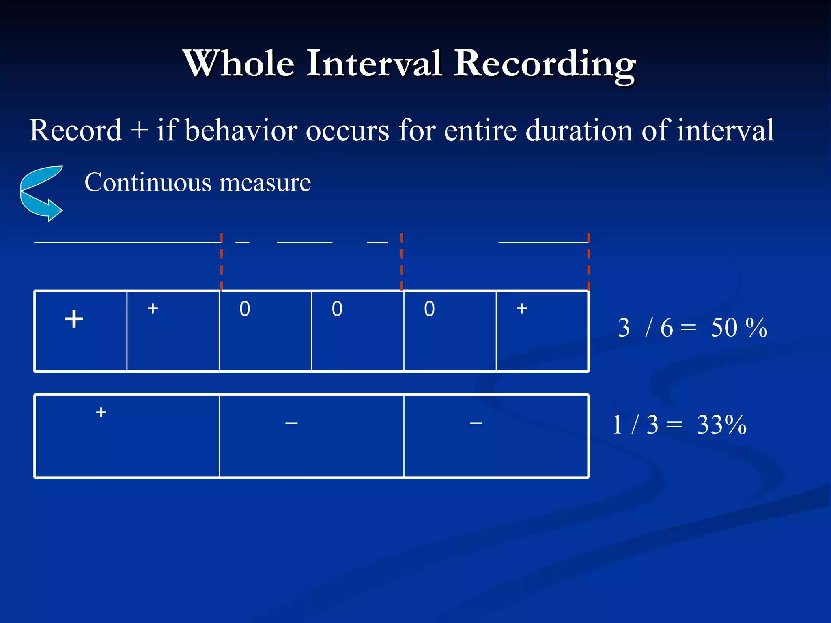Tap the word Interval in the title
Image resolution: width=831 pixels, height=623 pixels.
coord(373,63)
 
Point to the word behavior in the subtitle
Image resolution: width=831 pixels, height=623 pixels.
coord(241,131)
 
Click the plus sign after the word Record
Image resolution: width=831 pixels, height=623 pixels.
coord(139,131)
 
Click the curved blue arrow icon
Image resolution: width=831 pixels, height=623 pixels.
coord(41,193)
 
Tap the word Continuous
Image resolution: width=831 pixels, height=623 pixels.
coord(148,183)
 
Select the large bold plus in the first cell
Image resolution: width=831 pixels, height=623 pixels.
coord(74,319)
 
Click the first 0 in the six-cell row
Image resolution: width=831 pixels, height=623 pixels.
coord(245,309)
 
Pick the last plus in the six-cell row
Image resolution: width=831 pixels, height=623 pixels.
coord(522,309)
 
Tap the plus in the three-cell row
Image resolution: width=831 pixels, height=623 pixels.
coord(101,412)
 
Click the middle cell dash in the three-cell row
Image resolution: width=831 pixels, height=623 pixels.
coord(291,423)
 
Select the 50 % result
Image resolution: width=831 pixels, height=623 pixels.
coord(738,328)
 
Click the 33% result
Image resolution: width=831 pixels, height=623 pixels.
coord(721,425)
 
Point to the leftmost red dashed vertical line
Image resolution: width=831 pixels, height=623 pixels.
coord(222,262)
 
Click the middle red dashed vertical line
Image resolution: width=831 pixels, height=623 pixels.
coord(402,262)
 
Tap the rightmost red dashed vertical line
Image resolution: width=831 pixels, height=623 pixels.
coord(588,262)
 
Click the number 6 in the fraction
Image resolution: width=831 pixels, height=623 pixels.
coord(666,328)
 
